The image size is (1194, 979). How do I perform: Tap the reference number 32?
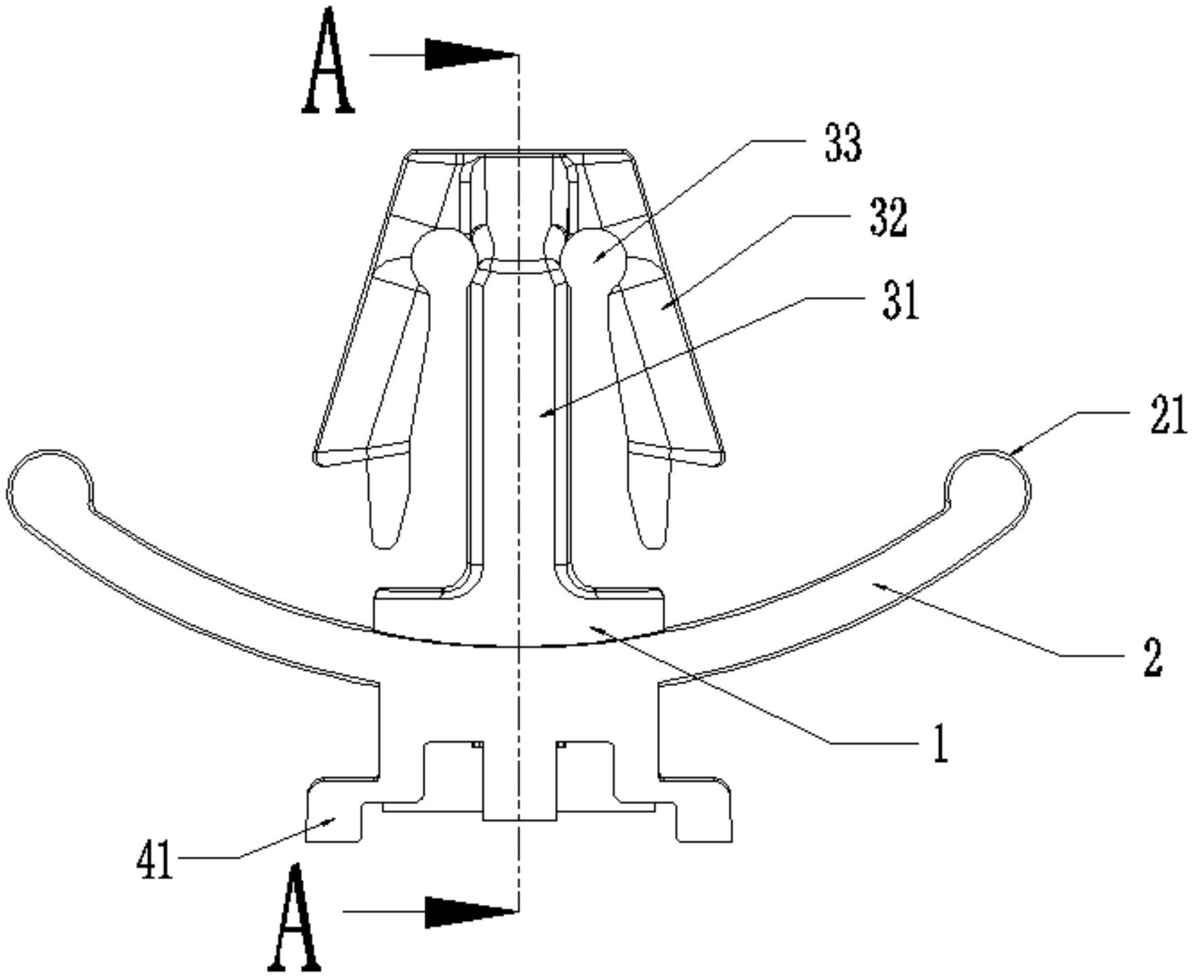coord(888,219)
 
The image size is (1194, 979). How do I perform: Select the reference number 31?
coord(900,300)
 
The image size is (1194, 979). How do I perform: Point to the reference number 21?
coord(1167,415)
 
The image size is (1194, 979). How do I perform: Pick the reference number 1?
coord(940,744)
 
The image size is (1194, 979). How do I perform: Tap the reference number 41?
coord(155,861)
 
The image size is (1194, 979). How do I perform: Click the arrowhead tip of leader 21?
coord(1011,454)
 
